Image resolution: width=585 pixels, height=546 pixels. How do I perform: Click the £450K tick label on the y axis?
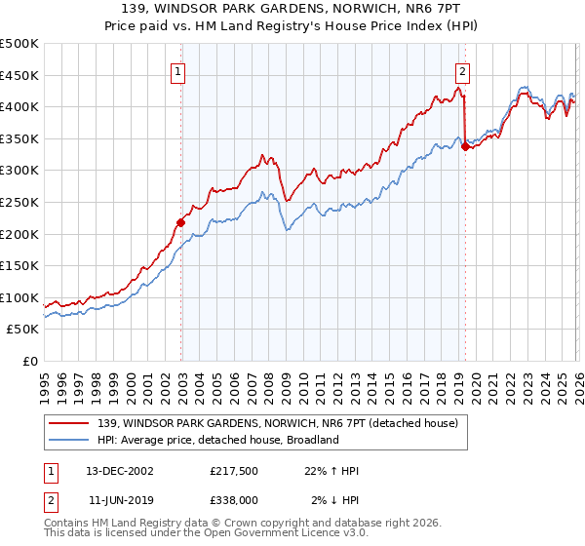coord(19,75)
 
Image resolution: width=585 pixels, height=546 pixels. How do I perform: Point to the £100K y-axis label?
coord(19,297)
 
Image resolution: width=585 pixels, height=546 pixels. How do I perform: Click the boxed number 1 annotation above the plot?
coord(180,70)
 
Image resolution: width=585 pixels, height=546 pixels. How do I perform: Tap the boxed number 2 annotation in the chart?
coord(461,70)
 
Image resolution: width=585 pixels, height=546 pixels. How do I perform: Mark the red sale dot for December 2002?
coord(181,222)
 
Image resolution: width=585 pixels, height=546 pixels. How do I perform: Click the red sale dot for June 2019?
coord(465,146)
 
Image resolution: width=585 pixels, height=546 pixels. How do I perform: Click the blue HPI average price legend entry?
coord(217,440)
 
